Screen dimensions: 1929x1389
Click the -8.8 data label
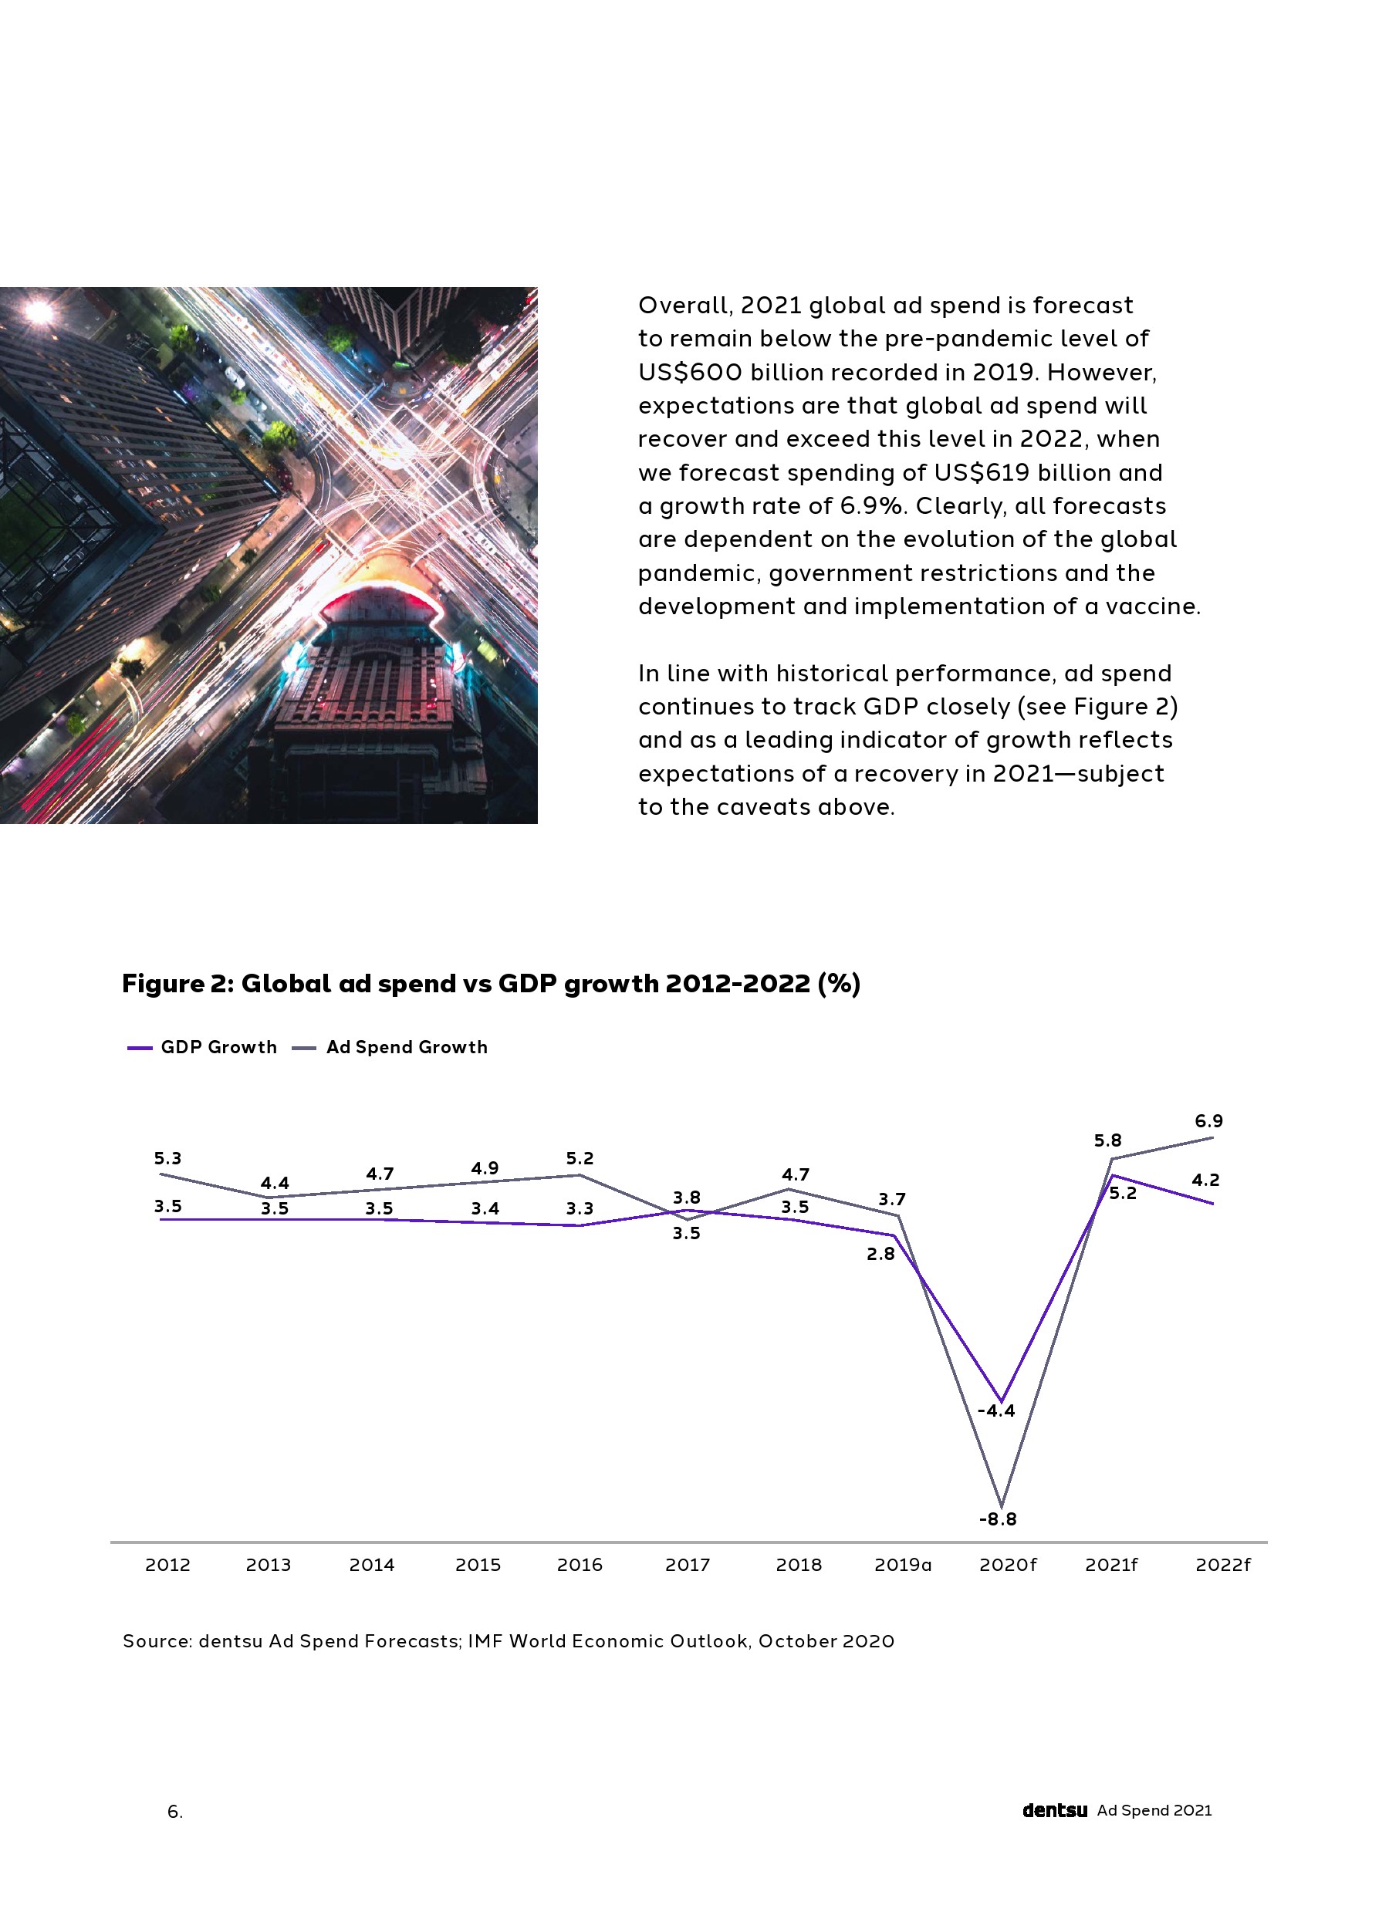tap(997, 1519)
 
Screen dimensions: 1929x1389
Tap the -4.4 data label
tap(996, 1410)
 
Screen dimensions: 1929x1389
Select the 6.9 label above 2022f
tap(1208, 1120)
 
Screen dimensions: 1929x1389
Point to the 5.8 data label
tap(1107, 1140)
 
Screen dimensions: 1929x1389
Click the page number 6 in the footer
tap(174, 1812)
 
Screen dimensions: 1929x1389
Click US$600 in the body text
tap(689, 372)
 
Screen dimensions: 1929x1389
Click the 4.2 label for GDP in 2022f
tap(1205, 1180)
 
